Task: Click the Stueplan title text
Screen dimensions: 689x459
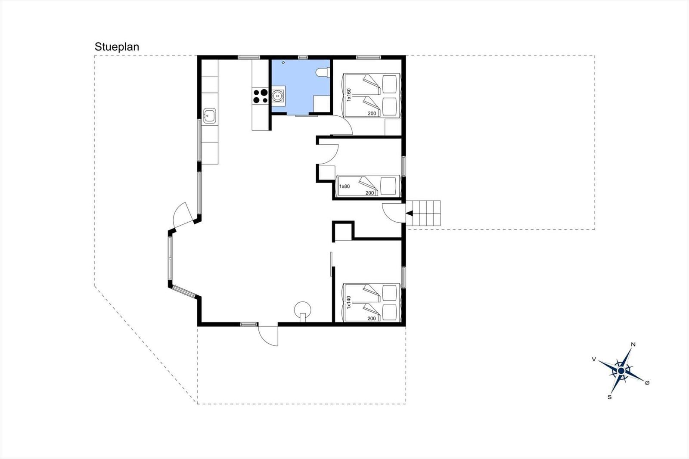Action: (117, 47)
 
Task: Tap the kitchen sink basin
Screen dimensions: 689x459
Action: (209, 116)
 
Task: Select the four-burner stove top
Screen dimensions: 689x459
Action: (260, 96)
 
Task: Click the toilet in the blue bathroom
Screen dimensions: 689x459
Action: (323, 72)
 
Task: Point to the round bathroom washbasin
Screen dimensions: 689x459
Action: (278, 96)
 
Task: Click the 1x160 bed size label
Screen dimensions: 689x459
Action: (348, 95)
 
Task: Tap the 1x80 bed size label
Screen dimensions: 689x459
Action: (344, 186)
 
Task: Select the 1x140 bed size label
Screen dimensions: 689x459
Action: (348, 302)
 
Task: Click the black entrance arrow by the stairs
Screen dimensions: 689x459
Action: (409, 213)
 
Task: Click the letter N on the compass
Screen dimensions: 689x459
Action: (633, 344)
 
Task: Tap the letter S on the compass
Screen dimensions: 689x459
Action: (610, 397)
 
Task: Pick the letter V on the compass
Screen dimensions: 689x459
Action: (594, 359)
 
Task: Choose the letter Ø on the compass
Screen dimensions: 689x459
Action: (647, 383)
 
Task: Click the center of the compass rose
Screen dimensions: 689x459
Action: (621, 371)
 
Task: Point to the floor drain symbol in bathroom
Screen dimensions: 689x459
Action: (283, 62)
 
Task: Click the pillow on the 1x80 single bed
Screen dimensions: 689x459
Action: (388, 186)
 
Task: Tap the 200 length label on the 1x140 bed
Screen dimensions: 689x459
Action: (372, 318)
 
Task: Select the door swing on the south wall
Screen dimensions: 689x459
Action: (268, 335)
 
